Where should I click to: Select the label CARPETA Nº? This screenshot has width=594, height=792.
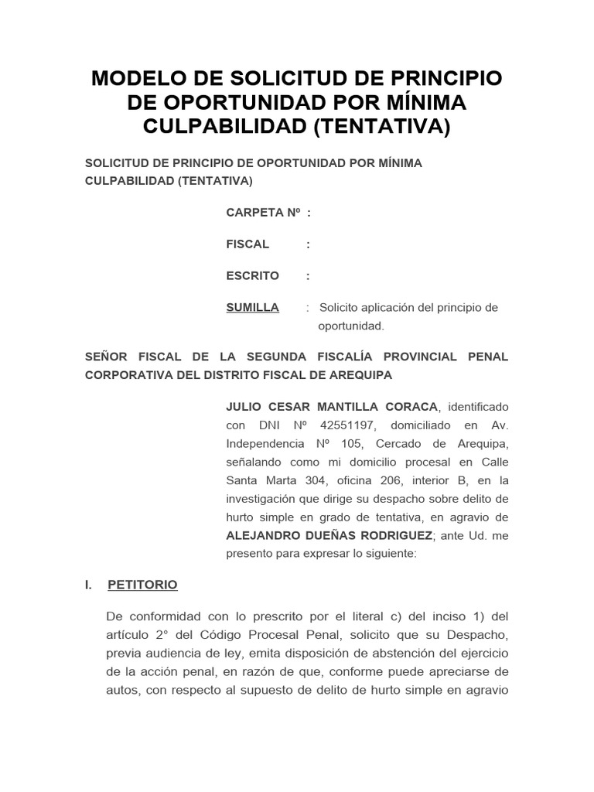point(262,213)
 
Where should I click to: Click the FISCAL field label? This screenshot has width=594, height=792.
point(247,244)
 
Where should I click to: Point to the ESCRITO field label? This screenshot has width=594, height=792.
point(252,276)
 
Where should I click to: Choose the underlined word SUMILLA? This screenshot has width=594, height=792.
point(252,308)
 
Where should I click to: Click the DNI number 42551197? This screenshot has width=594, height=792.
point(343,425)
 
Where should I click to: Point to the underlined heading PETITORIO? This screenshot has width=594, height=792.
point(142,585)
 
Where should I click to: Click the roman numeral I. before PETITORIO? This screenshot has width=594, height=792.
point(89,585)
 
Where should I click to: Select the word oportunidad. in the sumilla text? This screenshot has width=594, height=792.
point(351,326)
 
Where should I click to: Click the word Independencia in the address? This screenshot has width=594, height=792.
point(261,444)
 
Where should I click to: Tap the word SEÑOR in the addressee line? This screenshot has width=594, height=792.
point(104,357)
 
